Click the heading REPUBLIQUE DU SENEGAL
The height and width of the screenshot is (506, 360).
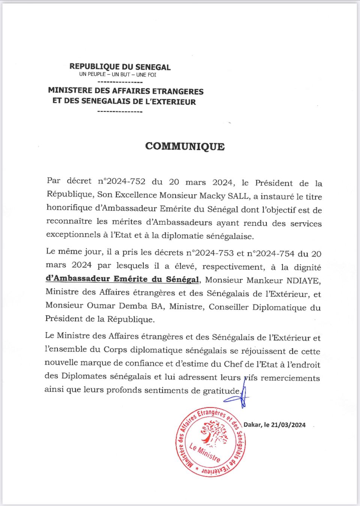point(120,67)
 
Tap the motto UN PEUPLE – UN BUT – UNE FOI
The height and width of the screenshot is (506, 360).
point(118,75)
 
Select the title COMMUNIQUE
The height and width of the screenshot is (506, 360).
point(185,146)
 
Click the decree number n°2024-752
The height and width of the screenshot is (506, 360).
point(121,181)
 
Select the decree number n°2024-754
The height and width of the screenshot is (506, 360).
point(270,253)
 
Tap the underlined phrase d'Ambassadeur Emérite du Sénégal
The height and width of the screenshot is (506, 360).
point(122,279)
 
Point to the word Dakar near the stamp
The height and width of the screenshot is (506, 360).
point(252,425)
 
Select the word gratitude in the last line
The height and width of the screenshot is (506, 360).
point(221,391)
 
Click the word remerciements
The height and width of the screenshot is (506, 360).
point(290,378)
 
